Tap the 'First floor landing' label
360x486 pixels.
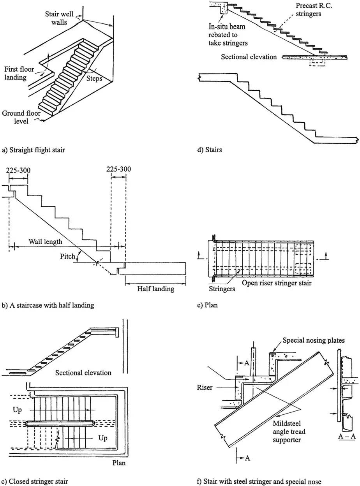click(21, 73)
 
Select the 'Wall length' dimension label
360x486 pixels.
click(45, 241)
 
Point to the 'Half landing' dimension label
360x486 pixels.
click(156, 289)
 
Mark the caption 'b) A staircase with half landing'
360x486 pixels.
click(48, 305)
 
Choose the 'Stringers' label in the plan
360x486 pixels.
click(222, 289)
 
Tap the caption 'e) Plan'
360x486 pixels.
click(208, 305)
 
